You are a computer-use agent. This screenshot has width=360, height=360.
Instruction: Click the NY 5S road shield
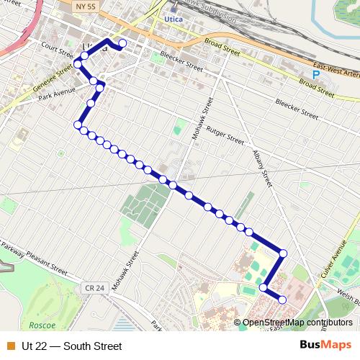pos(85,5)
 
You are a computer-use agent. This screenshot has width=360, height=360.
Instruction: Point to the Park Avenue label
pos(57,95)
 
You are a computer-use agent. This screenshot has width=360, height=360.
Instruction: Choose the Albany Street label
pos(263,168)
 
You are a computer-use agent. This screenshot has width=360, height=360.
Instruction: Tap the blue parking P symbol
pos(315,74)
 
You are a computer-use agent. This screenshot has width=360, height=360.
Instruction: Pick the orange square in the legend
pos(10,346)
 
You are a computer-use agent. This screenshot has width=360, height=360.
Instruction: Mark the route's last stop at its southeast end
pos(282,300)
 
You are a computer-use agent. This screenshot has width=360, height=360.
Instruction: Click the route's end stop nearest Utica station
pos(122,44)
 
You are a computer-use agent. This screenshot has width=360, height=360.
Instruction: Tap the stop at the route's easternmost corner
pos(284,253)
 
